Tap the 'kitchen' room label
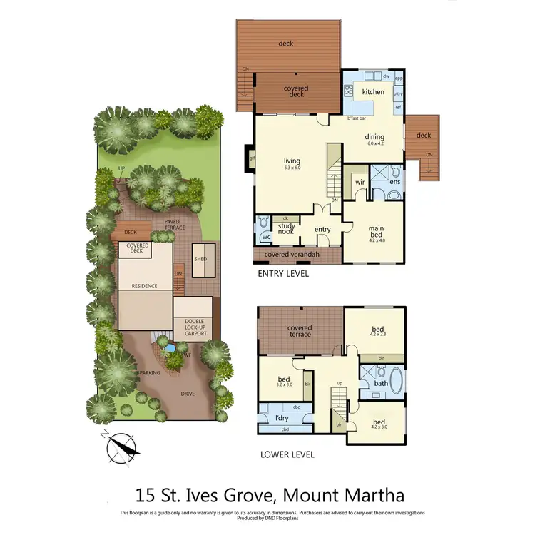(373, 92)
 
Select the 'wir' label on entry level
(360, 183)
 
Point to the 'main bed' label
(376, 233)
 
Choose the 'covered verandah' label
(291, 255)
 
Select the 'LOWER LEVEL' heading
(287, 454)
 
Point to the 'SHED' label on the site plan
(200, 259)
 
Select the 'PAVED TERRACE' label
(173, 225)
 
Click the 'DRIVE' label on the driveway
(186, 393)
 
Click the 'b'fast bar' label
(357, 118)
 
